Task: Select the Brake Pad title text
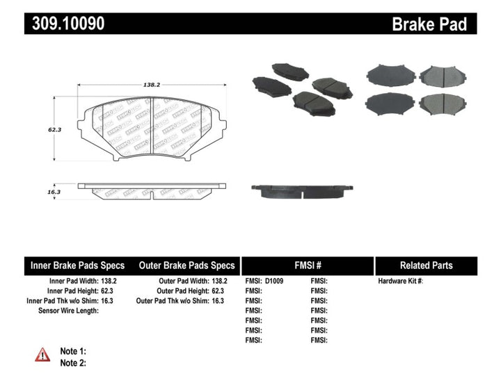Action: click(429, 24)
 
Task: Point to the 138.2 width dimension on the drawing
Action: click(152, 85)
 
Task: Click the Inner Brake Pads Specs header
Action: click(78, 265)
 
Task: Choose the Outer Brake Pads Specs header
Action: click(187, 265)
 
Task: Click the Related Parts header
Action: click(426, 265)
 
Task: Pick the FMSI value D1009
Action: click(275, 281)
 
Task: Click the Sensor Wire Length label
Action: click(68, 311)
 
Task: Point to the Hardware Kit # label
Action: click(401, 281)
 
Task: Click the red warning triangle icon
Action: click(42, 354)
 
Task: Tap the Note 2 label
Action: click(73, 363)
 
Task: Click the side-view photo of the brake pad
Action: click(301, 190)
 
